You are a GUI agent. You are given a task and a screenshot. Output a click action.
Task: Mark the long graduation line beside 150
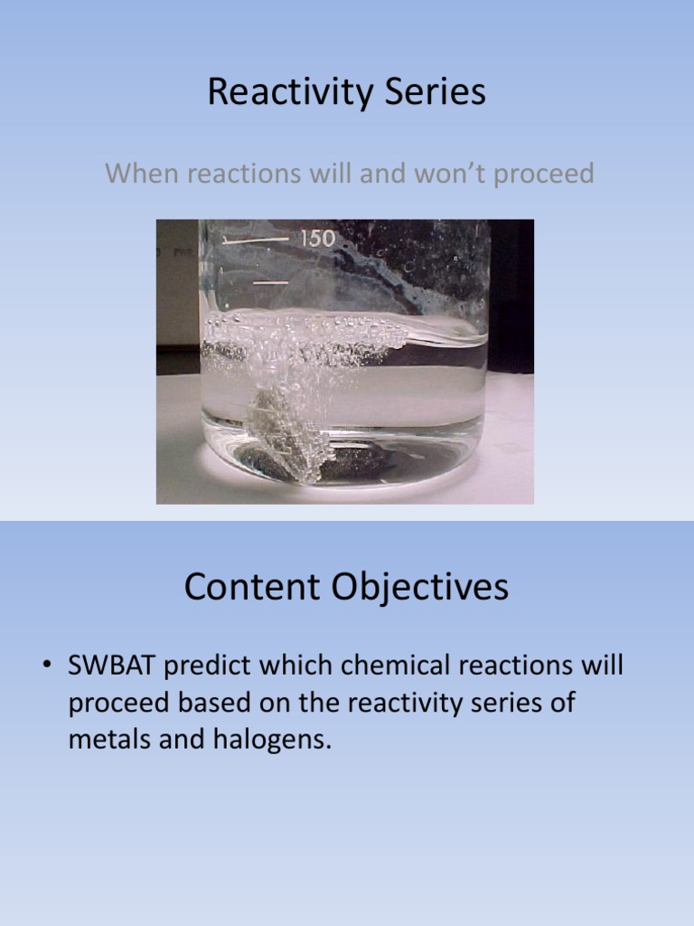257,241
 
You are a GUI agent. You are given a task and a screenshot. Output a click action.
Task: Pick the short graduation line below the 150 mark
270,284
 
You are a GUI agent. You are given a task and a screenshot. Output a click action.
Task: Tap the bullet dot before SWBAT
45,668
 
